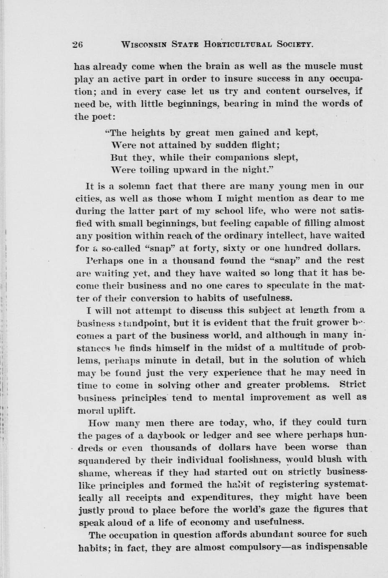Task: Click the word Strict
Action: pyautogui.click(x=352, y=384)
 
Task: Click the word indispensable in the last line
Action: pyautogui.click(x=336, y=547)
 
